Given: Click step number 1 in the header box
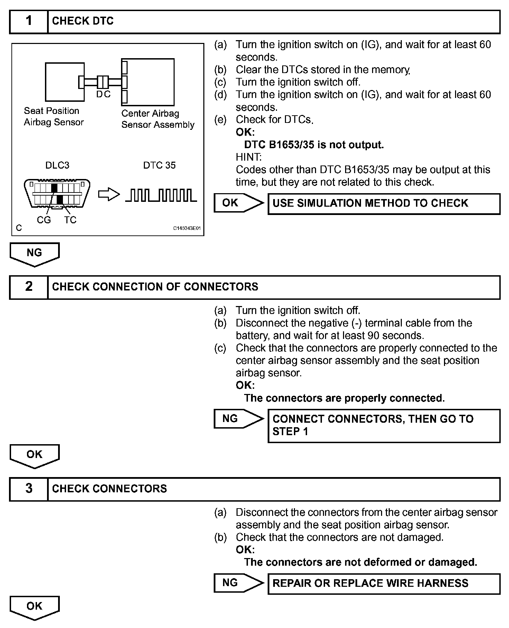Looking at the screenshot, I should click(29, 21).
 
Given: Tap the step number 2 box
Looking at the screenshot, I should click(29, 287).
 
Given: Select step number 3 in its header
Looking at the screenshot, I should click(29, 489).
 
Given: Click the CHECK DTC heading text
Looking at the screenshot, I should click(83, 21).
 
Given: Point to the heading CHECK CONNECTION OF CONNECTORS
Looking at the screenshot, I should click(155, 287).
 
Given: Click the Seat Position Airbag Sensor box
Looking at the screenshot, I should click(65, 82).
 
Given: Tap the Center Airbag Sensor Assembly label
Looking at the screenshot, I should click(158, 119).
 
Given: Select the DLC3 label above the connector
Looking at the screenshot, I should click(57, 165).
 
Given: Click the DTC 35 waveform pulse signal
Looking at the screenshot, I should click(161, 195).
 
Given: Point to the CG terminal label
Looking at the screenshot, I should click(44, 220).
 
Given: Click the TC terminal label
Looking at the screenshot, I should click(70, 220).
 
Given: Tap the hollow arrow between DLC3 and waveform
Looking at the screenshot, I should click(109, 195).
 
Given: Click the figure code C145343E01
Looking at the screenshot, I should click(187, 228).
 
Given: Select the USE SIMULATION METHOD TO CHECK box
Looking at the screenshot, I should click(384, 204).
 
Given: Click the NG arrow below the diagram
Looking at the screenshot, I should click(35, 254).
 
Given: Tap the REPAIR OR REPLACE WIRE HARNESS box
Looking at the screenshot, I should click(384, 583).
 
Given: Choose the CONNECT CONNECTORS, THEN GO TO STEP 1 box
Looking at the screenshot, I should click(384, 425).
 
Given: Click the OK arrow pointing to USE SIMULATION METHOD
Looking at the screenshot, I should click(238, 203).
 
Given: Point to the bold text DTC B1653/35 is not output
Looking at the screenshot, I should click(314, 145).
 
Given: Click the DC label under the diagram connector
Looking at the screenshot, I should click(103, 94).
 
